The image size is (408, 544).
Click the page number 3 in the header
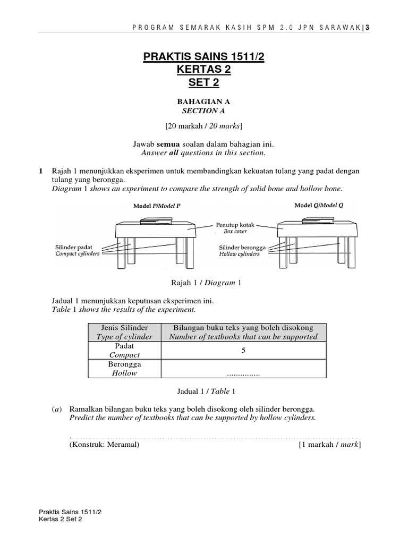(367, 28)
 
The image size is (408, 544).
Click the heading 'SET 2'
(204, 82)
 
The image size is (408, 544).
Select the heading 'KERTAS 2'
(204, 70)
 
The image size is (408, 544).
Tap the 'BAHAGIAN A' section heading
(204, 101)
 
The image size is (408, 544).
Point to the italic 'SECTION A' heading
(204, 111)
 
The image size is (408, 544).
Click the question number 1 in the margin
(40, 171)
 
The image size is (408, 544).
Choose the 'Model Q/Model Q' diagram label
(319, 205)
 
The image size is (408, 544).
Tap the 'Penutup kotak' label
(235, 225)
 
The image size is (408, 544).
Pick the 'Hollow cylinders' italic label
(240, 254)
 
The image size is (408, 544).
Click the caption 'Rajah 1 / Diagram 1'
(204, 283)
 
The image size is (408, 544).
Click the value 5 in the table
(243, 351)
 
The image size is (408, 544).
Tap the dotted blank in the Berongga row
(243, 375)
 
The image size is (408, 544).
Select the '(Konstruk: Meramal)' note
(104, 445)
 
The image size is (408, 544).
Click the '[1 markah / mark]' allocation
(330, 445)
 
